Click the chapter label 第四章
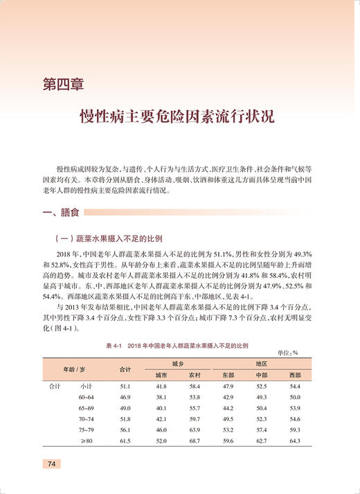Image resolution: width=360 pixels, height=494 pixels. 63,86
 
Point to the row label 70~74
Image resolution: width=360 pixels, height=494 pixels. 87,418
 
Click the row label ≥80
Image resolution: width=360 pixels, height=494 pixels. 87,441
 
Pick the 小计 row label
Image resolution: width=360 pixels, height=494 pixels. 87,385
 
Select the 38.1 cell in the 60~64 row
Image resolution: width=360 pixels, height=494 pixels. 161,396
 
